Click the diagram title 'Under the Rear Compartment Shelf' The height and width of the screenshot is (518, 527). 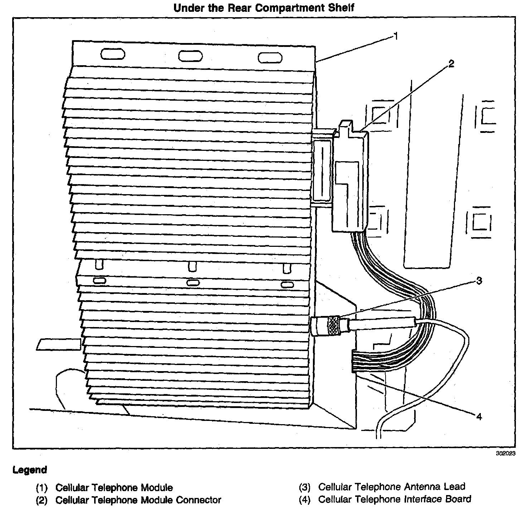pos(264,8)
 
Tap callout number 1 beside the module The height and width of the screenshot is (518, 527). pos(396,36)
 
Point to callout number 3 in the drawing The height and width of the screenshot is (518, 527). pos(479,280)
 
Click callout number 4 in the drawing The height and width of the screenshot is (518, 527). pos(479,416)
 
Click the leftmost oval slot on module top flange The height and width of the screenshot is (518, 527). pos(113,54)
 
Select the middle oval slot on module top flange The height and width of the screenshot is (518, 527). pos(190,56)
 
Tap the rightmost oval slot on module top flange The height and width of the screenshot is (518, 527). pos(270,58)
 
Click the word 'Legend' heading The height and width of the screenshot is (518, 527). pos(30,470)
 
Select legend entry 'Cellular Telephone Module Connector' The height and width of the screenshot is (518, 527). pos(138,500)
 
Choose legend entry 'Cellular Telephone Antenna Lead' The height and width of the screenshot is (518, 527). pos(392,487)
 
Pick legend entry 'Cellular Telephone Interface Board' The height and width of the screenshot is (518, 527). pos(395,499)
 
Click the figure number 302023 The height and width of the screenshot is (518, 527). pos(505,453)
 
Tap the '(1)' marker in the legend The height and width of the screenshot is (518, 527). pos(42,488)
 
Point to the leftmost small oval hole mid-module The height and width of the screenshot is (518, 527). pos(99,280)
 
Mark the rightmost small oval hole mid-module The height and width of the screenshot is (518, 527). pos(287,285)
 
